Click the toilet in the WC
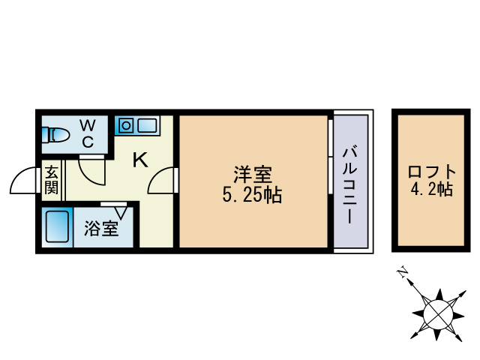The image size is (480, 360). [x=56, y=136]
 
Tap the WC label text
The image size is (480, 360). [x=88, y=131]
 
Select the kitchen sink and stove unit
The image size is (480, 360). [x=136, y=125]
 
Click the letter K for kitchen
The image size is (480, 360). [x=139, y=159]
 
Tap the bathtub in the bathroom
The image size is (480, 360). [x=57, y=226]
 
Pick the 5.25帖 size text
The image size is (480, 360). [x=252, y=196]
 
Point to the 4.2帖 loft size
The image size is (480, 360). [x=430, y=189]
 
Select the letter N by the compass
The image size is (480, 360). [x=403, y=273]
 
